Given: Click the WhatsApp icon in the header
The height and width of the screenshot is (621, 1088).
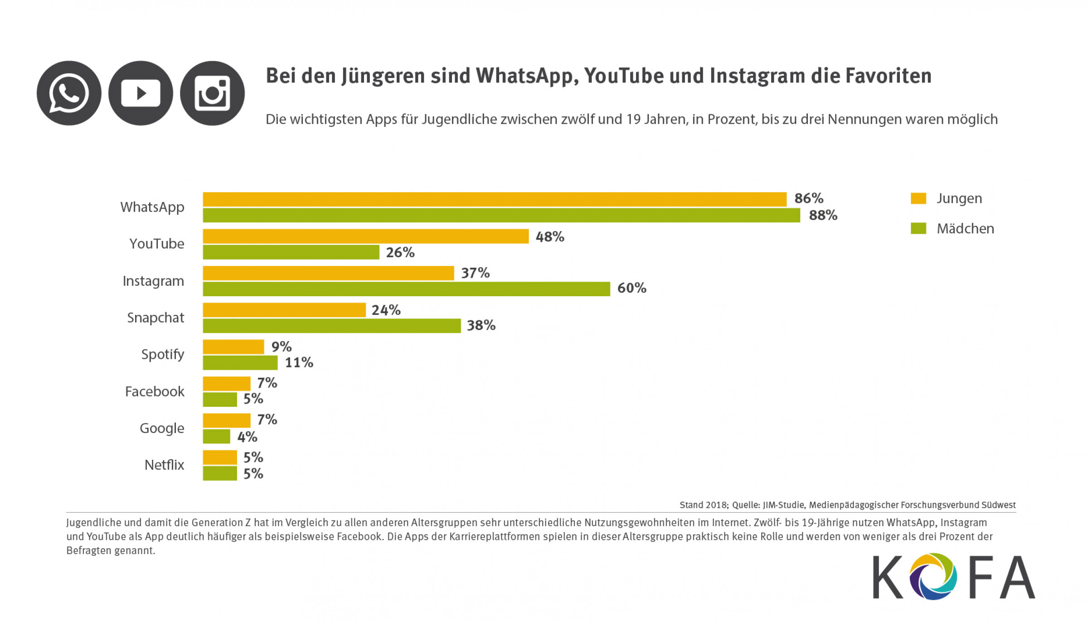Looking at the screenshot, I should (69, 93).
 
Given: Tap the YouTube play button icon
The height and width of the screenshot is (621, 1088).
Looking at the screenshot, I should (141, 93).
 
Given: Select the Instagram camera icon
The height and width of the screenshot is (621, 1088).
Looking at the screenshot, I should (212, 93).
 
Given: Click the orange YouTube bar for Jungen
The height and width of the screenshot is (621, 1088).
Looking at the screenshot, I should (365, 236).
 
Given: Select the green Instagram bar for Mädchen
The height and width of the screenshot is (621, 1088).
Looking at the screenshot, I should (406, 289).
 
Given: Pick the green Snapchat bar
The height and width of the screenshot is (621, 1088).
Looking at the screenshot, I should (331, 326).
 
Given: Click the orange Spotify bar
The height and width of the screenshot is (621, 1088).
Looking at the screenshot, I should (233, 347).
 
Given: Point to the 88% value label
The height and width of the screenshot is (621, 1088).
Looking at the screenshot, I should (823, 215).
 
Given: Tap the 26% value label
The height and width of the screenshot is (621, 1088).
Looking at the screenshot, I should (400, 252).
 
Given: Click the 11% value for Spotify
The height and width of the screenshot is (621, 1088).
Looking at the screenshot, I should (299, 362).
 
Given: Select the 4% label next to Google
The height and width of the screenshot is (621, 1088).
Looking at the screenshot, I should (247, 437).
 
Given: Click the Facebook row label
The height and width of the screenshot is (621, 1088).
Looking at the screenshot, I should (155, 391).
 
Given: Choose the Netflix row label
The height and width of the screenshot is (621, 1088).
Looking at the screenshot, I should (164, 465).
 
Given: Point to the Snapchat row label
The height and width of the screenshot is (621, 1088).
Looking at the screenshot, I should (155, 318).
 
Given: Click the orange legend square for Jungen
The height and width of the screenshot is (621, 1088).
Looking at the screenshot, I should (918, 198).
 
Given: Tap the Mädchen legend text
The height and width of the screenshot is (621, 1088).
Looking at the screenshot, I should (965, 229).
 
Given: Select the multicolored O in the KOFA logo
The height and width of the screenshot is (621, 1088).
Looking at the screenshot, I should (933, 576).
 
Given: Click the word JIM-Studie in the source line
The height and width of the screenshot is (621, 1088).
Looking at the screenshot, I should (784, 505).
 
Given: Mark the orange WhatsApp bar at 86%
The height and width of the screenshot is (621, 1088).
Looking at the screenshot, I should (494, 199).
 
